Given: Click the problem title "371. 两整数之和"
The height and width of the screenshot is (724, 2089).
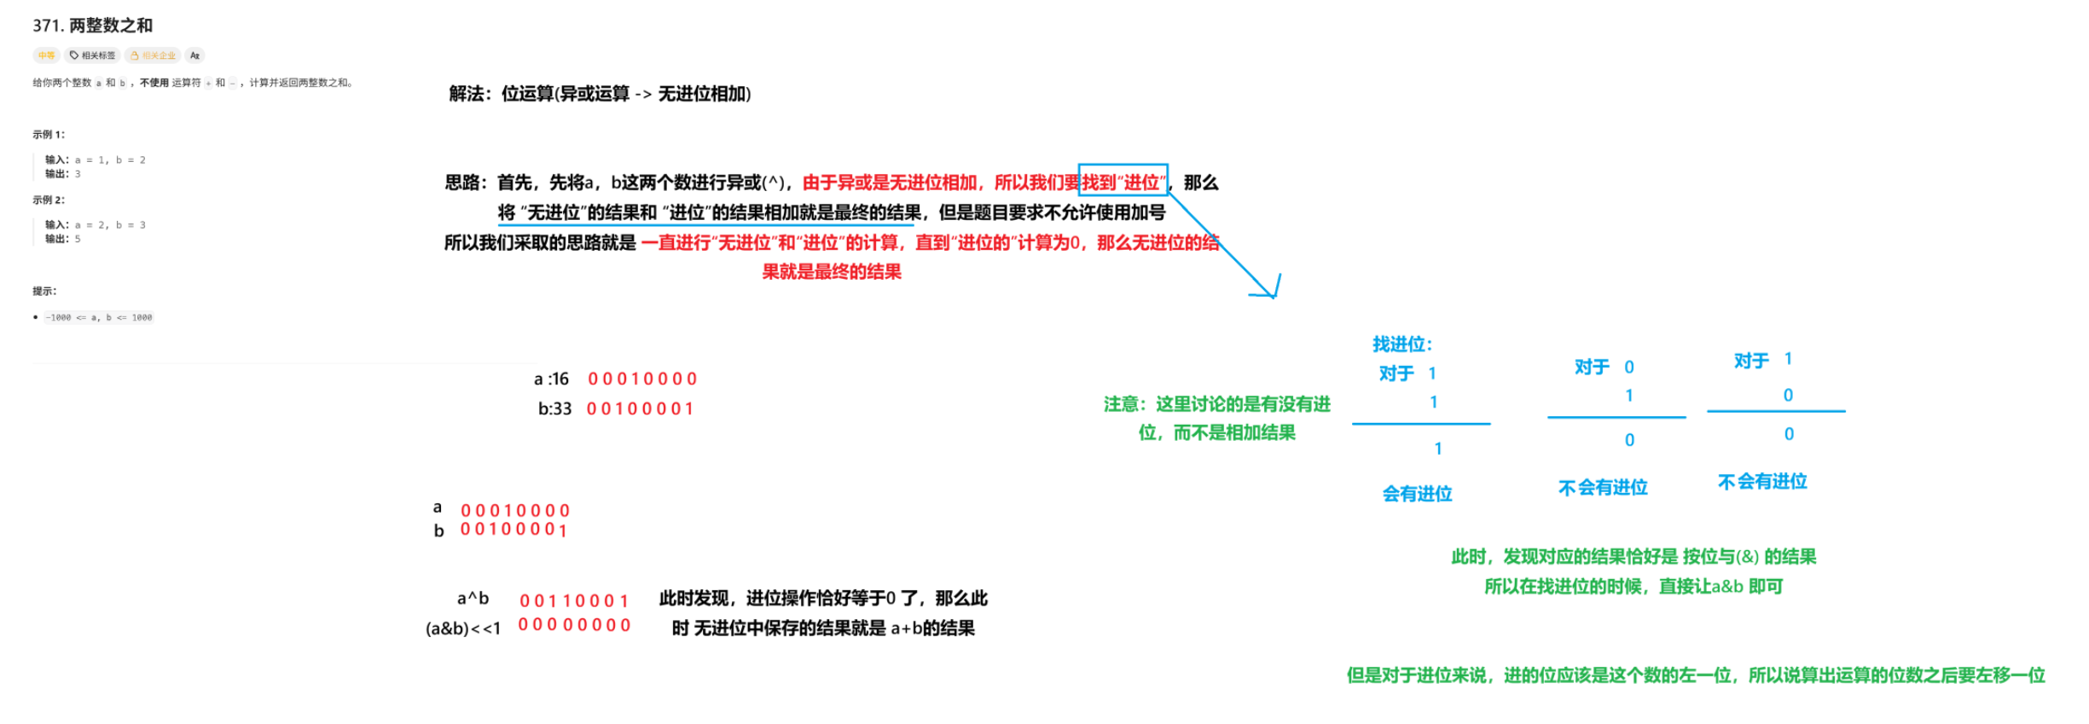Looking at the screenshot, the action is (x=92, y=26).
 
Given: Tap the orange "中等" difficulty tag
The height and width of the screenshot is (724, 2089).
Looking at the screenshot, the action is (x=46, y=55).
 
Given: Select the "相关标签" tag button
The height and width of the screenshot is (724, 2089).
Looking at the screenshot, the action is (x=92, y=55).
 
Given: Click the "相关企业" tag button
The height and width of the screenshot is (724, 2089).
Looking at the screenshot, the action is (x=154, y=55).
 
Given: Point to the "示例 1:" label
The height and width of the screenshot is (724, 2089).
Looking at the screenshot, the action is (x=49, y=135).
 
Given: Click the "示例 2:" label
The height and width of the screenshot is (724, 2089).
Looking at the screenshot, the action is (x=49, y=200).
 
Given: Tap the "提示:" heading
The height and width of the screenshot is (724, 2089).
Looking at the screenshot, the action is (x=44, y=292).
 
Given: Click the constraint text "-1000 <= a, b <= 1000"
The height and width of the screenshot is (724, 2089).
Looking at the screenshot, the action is (x=99, y=318).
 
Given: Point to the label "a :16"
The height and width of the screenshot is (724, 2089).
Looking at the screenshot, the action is (x=551, y=379).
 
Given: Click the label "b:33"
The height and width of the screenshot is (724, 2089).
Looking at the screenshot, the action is (x=554, y=409).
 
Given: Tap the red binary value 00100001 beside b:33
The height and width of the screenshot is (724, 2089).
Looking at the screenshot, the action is (x=640, y=409).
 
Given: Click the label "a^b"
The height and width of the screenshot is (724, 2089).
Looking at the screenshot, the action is (x=473, y=599).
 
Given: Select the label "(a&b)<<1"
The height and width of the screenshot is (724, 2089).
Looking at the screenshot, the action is (x=463, y=628).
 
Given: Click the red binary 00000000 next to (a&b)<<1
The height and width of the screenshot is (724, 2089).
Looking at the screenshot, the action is (x=574, y=625).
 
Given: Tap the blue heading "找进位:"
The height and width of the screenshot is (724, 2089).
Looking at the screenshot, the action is (x=1402, y=345).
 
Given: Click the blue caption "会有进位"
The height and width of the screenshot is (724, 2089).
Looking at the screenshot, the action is (x=1417, y=494).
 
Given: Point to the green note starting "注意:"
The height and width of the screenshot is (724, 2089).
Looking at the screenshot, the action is (x=1216, y=418).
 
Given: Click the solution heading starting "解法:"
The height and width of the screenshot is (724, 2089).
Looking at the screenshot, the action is (x=600, y=94).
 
